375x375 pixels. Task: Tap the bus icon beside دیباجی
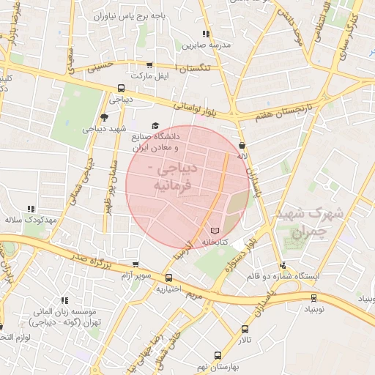[122, 88]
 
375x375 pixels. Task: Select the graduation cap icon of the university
[155, 126]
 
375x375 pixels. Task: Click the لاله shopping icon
[242, 145]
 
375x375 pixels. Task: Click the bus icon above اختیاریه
[169, 278]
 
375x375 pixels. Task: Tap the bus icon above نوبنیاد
[314, 297]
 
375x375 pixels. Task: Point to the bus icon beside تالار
[245, 330]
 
